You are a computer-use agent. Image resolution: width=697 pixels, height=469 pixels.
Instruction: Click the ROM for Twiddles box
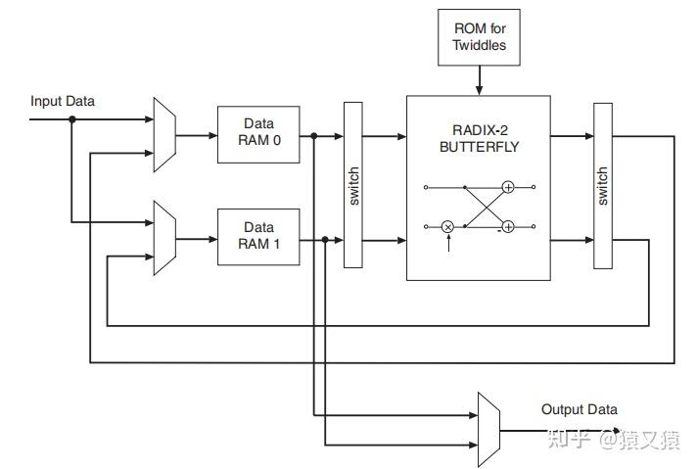(x=479, y=37)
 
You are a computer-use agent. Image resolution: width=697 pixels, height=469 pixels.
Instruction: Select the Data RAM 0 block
(x=258, y=134)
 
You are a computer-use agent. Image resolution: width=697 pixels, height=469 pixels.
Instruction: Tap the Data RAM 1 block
(x=258, y=237)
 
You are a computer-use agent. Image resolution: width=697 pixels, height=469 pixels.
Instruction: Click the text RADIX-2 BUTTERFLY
(x=480, y=138)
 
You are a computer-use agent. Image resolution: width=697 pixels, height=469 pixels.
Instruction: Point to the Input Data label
(x=63, y=102)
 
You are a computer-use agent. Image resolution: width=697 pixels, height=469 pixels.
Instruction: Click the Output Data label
(x=580, y=409)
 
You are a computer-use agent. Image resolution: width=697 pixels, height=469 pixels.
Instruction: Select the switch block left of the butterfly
(x=353, y=185)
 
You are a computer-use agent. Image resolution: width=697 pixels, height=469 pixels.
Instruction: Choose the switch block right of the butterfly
(x=603, y=186)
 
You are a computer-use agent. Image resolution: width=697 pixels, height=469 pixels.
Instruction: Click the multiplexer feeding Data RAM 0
(x=164, y=135)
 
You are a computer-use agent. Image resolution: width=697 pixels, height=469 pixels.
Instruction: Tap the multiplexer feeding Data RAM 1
(x=164, y=238)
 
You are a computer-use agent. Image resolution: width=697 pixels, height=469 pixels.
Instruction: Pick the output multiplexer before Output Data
(x=488, y=430)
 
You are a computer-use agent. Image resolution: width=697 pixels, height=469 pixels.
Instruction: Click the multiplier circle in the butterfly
(x=447, y=227)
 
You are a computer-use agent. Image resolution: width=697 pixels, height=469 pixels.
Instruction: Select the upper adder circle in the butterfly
(x=508, y=187)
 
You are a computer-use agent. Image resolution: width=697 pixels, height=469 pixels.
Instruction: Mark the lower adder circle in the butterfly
(x=508, y=227)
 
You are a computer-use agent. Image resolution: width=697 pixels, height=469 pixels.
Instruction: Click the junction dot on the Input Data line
(x=72, y=119)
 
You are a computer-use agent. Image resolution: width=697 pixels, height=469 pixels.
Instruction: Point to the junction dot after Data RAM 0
(x=314, y=136)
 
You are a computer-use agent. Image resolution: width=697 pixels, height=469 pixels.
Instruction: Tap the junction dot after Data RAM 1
(x=325, y=240)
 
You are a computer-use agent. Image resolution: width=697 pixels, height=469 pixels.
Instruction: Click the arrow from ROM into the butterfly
(x=480, y=80)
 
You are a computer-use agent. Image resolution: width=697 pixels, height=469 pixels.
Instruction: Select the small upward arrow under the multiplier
(x=448, y=243)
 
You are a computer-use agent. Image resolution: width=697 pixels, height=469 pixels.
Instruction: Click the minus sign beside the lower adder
(x=499, y=232)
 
